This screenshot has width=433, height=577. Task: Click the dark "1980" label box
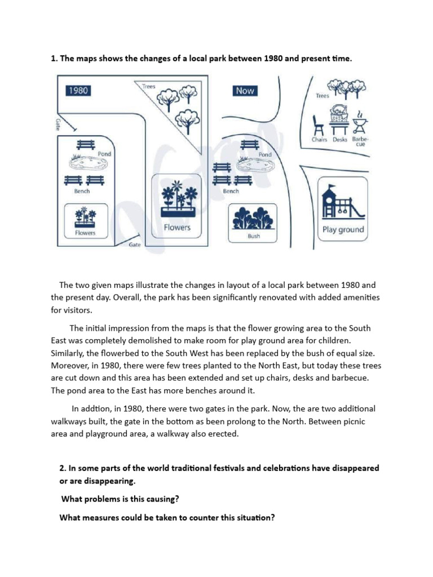78,90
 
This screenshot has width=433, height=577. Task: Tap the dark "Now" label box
244,91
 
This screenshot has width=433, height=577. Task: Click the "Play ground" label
343,230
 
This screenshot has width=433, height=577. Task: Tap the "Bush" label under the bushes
254,236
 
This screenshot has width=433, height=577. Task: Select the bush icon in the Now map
254,218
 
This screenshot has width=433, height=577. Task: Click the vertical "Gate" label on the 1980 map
59,124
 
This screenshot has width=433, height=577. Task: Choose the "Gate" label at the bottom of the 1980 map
135,245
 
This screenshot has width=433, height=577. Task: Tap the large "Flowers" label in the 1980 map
177,228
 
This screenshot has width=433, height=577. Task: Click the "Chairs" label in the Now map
320,139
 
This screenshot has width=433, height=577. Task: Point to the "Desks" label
340,139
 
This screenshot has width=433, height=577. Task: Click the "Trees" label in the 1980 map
149,87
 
